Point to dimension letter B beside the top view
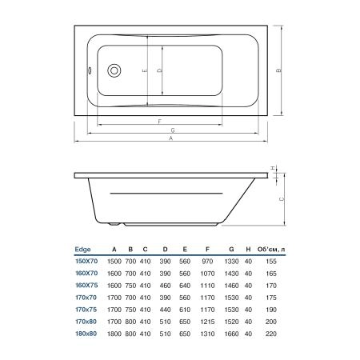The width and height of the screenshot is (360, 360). click(x=278, y=71)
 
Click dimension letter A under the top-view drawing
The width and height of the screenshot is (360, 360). click(x=170, y=139)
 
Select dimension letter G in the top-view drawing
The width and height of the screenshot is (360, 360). click(x=173, y=130)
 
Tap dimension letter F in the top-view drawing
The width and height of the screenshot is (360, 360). click(x=160, y=120)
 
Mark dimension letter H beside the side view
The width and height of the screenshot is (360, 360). click(x=273, y=168)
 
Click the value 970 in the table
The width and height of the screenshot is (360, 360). click(x=208, y=262)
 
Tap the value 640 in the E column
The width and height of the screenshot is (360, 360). click(x=185, y=284)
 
